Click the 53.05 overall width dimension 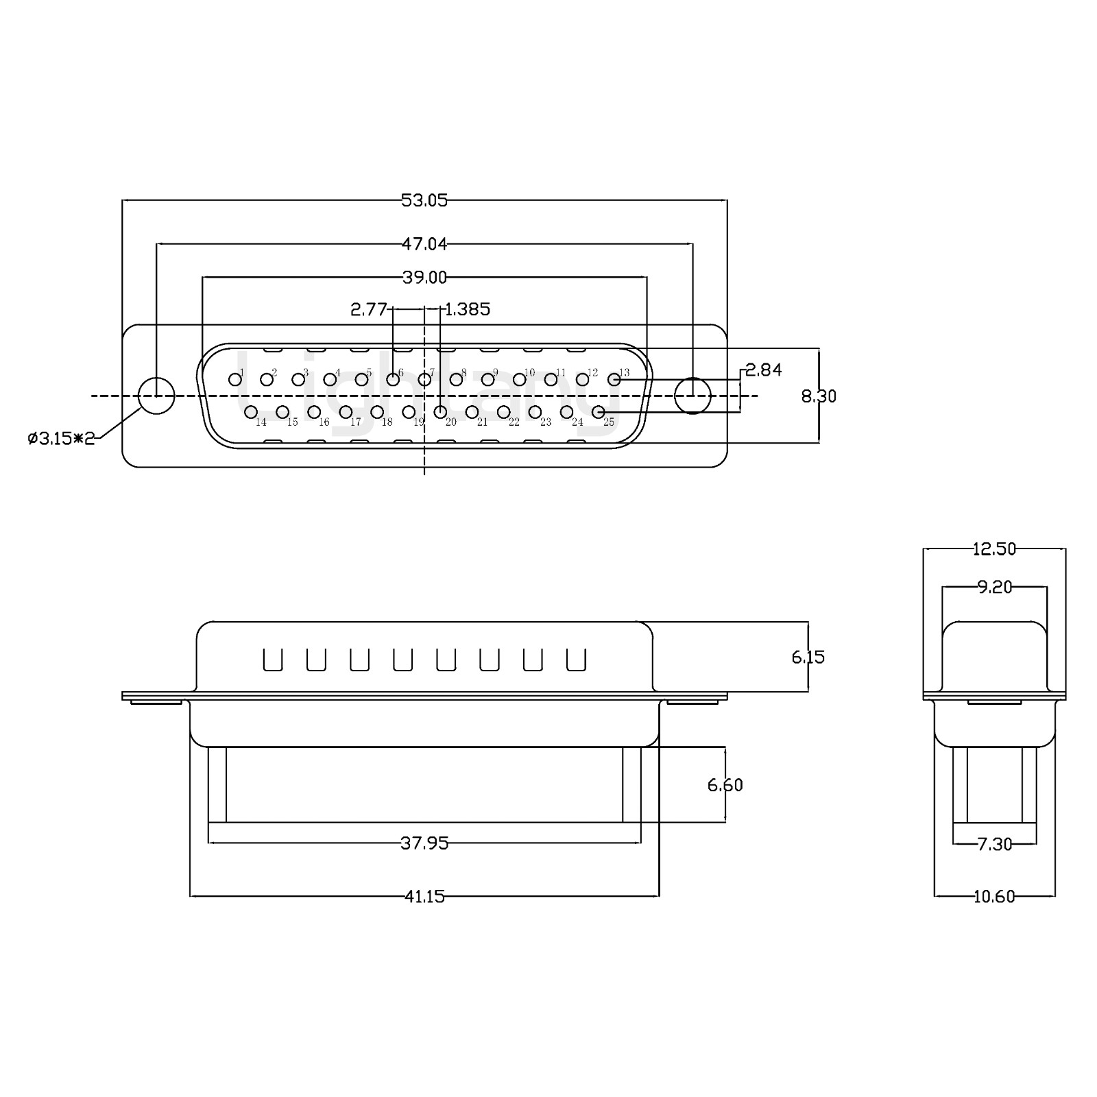(x=424, y=200)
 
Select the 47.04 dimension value (x=424, y=243)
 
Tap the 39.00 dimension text (x=424, y=277)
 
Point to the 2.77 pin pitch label (x=369, y=309)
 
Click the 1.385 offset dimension (x=468, y=309)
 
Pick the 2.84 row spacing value (x=763, y=370)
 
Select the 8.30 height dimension (x=819, y=396)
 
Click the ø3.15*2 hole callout (x=61, y=438)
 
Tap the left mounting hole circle (x=156, y=396)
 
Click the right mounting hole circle (x=692, y=396)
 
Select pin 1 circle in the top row (x=235, y=379)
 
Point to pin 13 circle (x=614, y=379)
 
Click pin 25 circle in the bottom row (x=598, y=411)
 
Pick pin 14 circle (x=251, y=411)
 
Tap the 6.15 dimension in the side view (x=808, y=657)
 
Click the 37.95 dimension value (x=424, y=843)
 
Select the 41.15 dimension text (x=424, y=896)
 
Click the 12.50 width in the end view (x=993, y=548)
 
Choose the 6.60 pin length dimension (x=725, y=784)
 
